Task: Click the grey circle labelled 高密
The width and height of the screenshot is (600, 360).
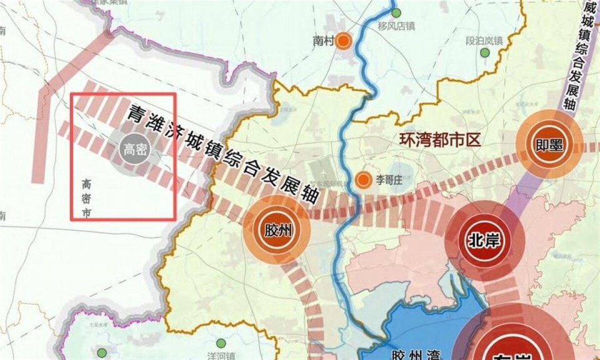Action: tap(134, 149)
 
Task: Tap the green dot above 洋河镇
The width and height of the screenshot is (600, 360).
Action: tap(221, 343)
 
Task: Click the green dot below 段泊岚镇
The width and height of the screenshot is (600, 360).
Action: tap(484, 53)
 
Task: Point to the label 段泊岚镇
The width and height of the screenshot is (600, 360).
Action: tap(484, 41)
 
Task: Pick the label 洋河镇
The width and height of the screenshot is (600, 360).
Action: tap(222, 356)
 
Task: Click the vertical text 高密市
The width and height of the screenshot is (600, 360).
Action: tap(86, 199)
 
